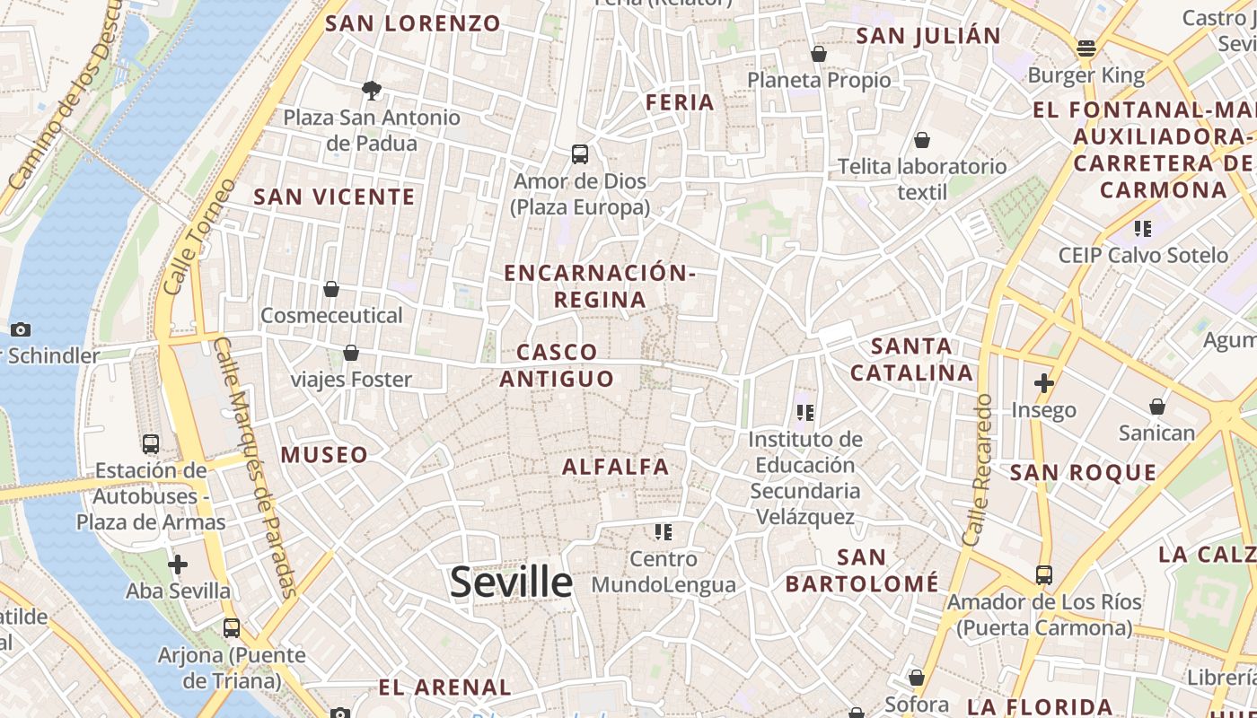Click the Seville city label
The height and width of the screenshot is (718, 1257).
click(x=511, y=582)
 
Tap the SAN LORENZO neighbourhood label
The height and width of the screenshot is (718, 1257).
click(x=412, y=24)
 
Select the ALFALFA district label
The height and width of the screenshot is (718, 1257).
click(x=616, y=467)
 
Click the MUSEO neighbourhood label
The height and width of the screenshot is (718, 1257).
click(x=324, y=455)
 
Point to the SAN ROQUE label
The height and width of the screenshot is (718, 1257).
click(x=1083, y=473)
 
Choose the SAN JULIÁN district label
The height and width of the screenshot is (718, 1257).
click(x=928, y=36)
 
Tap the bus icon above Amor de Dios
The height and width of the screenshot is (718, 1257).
click(x=580, y=154)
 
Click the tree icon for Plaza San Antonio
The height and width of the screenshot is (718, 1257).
click(x=371, y=90)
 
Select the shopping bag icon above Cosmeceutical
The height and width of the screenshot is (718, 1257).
click(x=331, y=289)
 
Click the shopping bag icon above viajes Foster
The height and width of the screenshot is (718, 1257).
click(x=351, y=353)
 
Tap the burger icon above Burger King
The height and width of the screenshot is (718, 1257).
click(x=1086, y=48)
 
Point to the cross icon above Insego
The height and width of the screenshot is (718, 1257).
click(x=1043, y=384)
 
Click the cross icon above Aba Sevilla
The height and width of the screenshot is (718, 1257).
click(x=178, y=565)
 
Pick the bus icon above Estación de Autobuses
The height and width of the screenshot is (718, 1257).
click(x=150, y=443)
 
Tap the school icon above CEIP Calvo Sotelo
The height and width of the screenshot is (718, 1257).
click(x=1142, y=229)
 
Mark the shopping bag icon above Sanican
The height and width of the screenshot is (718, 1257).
click(x=1157, y=407)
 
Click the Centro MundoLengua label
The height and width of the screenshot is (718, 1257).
click(x=664, y=572)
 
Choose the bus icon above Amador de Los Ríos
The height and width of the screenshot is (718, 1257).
click(x=1043, y=574)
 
